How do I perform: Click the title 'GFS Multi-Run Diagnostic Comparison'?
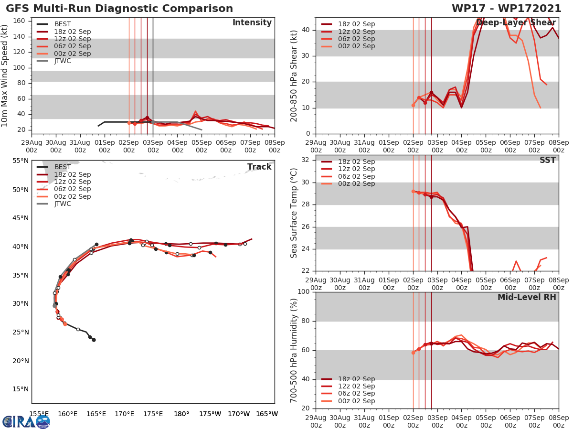pos(119,9)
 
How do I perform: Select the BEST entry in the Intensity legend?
pos(62,24)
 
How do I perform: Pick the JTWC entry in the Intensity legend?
pos(63,61)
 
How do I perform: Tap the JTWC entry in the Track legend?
pos(63,204)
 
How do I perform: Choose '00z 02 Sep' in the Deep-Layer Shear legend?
pos(356,46)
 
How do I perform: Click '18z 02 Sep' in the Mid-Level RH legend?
pos(356,379)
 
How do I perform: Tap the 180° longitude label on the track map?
pos(181,414)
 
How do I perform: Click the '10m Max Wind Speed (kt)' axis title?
pos(5,75)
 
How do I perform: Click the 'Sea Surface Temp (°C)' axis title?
pos(294,213)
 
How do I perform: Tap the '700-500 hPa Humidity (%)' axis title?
pos(294,350)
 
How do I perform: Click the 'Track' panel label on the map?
pos(259,167)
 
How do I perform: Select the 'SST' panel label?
pos(547,161)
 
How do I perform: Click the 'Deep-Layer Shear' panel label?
pos(516,23)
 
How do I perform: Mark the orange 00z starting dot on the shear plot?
pos(413,105)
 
